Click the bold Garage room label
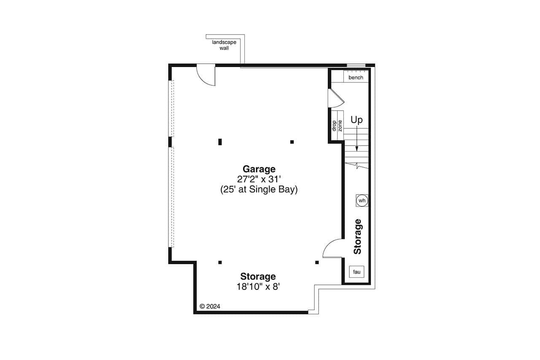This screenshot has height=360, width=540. [x=259, y=169]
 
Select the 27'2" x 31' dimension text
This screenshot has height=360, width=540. [x=259, y=179]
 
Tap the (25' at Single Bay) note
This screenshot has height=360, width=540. [x=259, y=189]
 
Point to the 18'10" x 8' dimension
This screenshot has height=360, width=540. [x=258, y=287]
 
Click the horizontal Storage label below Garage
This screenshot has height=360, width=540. [x=258, y=276]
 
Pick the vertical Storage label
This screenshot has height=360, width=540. [x=358, y=236]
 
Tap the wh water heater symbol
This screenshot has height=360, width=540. [x=362, y=200]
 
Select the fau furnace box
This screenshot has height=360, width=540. [x=356, y=272]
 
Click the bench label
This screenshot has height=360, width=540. [x=356, y=78]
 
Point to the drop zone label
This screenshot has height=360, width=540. [x=337, y=125]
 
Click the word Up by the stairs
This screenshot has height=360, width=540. [x=357, y=120]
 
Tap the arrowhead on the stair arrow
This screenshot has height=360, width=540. [x=357, y=149]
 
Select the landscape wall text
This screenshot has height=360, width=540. [x=224, y=45]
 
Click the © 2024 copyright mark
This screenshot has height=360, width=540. [x=210, y=306]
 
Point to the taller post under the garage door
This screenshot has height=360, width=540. [x=220, y=142]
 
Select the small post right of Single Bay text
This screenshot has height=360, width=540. [x=292, y=142]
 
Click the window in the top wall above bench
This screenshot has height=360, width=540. [x=356, y=65]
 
